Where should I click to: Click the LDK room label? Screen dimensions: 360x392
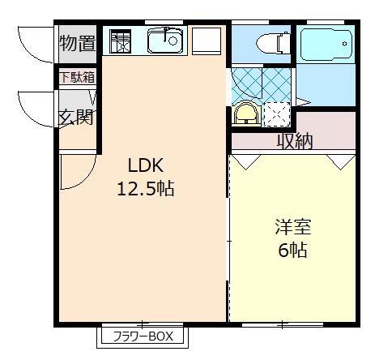coord(146,165)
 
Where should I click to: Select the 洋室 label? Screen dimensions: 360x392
coord(292,227)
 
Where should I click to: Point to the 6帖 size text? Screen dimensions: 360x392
coord(292,251)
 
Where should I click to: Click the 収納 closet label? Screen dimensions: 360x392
coord(295,141)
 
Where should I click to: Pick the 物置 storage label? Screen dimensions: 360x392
coord(78,44)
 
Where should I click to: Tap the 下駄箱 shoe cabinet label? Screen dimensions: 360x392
coord(77,79)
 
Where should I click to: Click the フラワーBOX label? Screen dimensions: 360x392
coord(141,336)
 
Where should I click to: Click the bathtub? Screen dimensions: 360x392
coord(326,44)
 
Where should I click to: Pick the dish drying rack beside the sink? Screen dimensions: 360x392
coord(120,41)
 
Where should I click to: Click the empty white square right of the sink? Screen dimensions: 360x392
coord(207,40)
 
